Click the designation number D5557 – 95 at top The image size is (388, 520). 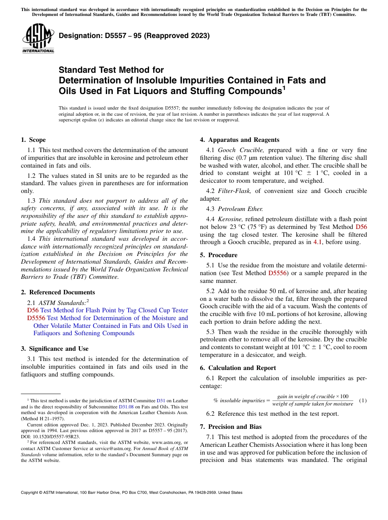(134, 36)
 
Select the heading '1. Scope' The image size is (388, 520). (33, 140)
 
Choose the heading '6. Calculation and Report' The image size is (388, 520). (238, 368)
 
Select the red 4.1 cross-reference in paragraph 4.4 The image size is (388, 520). (317, 242)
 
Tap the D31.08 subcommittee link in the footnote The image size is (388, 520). (126, 407)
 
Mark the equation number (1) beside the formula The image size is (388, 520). (362, 400)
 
